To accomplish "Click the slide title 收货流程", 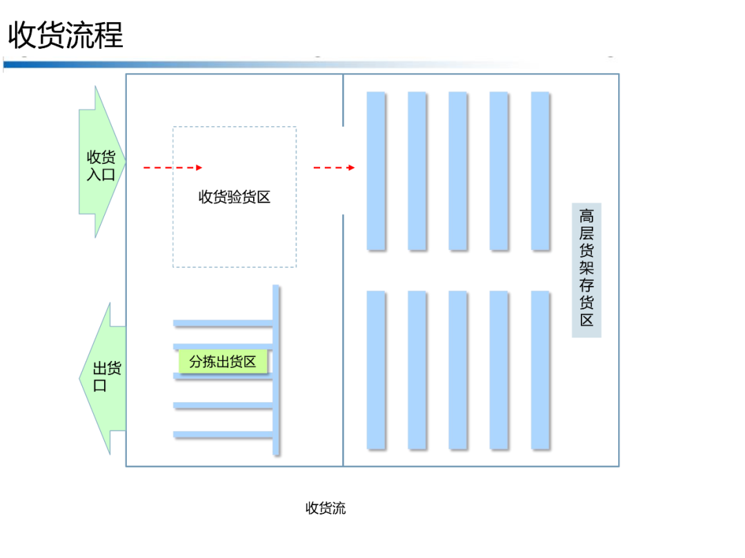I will pos(66,34).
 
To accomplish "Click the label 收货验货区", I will pos(235,197).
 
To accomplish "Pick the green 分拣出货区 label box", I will pos(223,362).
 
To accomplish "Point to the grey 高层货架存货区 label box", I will pos(586,270).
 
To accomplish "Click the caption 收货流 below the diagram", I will pos(326,508).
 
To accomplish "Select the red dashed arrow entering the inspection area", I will pos(172,167).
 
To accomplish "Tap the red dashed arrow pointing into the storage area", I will pos(334,167).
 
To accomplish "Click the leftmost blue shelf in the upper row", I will pos(376,170).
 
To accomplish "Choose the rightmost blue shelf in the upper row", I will pos(540,170).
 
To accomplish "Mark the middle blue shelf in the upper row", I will pos(458,170).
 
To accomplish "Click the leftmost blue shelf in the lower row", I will pos(376,370).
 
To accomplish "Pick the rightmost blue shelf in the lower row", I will pos(540,370).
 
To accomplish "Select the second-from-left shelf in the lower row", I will pos(417,370).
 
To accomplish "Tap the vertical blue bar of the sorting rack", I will pos(276,370).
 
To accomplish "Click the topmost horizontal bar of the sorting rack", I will pos(222,322).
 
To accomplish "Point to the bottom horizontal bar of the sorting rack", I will pos(222,434).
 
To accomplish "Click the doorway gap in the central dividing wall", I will pos(343,171).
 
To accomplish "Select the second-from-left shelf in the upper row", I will pos(417,170).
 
